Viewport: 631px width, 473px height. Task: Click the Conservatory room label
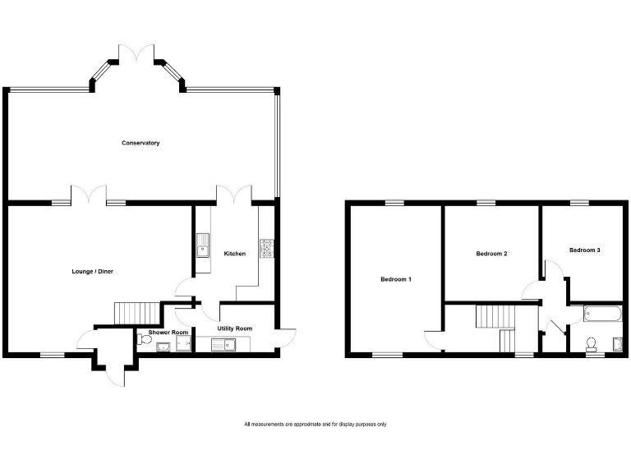point(140,143)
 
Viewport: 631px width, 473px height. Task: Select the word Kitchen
point(235,254)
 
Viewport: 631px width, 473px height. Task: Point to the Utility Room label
point(235,328)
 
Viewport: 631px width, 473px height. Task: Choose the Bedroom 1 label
point(396,279)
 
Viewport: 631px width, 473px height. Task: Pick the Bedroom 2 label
point(491,254)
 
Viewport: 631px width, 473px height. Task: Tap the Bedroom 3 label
point(585,250)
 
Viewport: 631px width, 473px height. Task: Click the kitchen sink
point(203,246)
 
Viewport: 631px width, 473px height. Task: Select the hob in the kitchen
point(267,247)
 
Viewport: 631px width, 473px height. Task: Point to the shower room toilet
point(145,345)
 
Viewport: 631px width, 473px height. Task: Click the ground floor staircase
point(136,313)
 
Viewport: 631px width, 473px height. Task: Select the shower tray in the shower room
point(183,343)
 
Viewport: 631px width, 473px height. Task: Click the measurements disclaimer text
point(315,425)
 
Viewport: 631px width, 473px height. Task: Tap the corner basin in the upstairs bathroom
point(619,343)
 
